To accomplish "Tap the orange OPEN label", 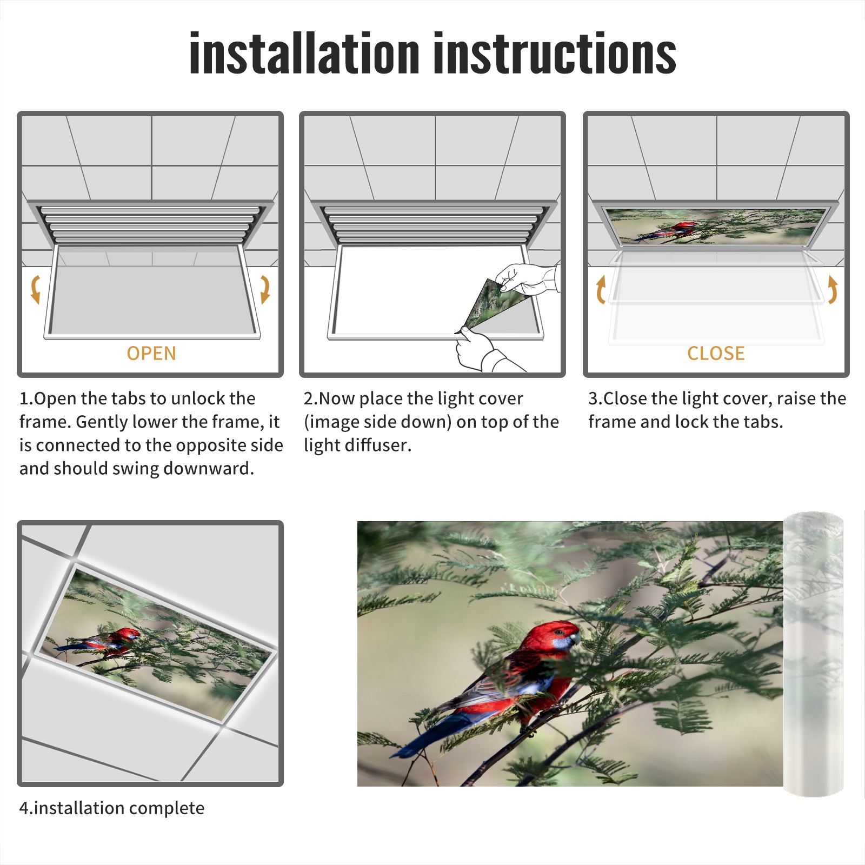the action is pos(151,353).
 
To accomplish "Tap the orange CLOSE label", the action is pos(716,353).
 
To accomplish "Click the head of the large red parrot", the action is pos(557,638).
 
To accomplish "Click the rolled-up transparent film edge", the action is pos(814,654).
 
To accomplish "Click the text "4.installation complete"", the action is pos(112,808).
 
